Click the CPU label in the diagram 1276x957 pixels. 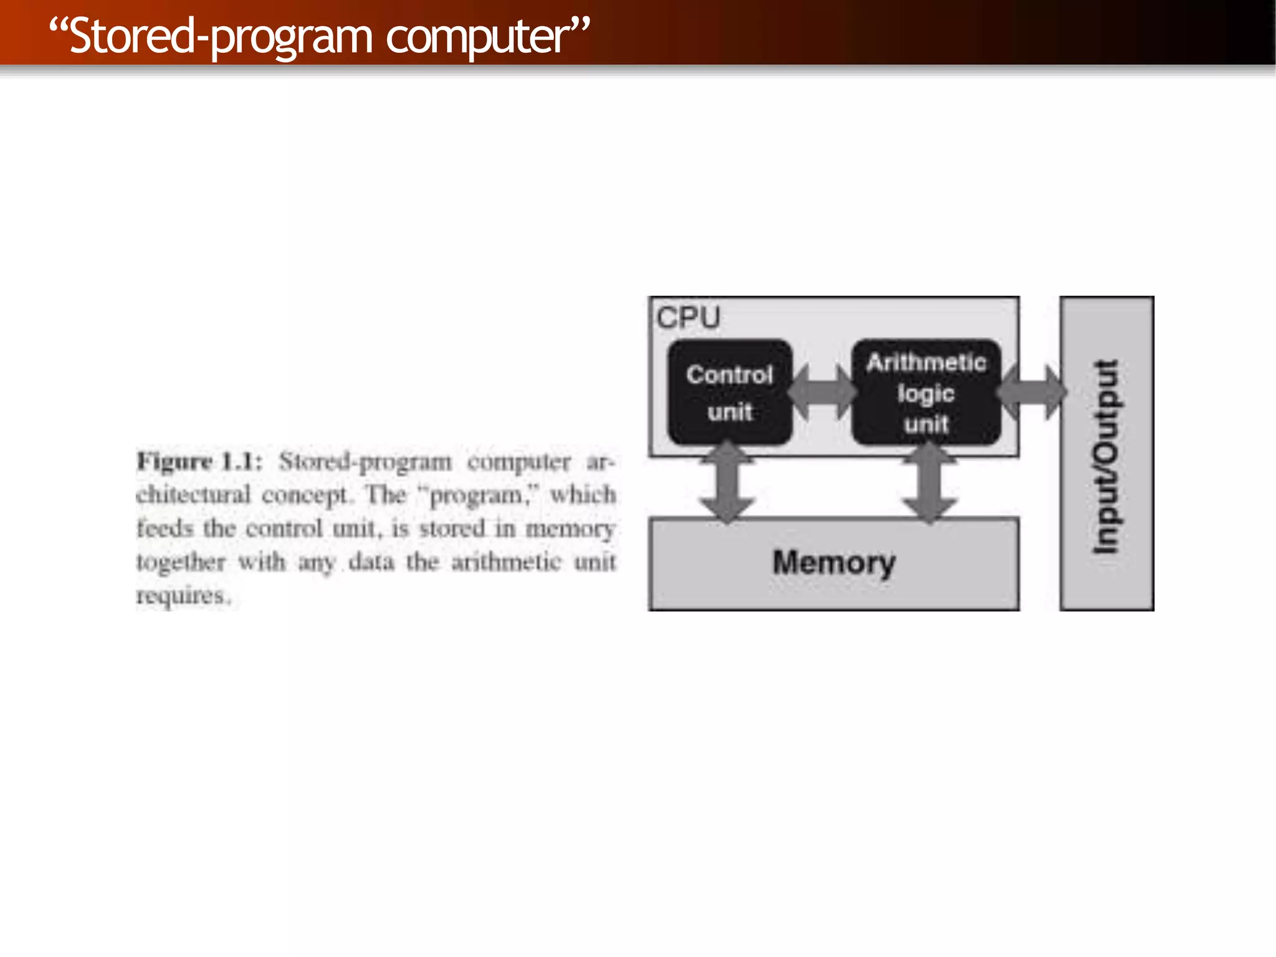click(688, 318)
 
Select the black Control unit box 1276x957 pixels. click(730, 392)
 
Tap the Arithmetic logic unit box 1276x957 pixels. click(926, 392)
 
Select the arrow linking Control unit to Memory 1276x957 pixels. click(727, 481)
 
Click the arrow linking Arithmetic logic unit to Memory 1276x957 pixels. click(930, 481)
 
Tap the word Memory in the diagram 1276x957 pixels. click(834, 563)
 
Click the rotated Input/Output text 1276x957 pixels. click(1107, 456)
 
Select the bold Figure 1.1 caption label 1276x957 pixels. click(199, 462)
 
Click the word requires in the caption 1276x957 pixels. click(182, 596)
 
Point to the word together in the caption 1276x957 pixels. click(181, 562)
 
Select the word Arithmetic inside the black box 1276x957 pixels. click(926, 362)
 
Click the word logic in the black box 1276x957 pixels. click(926, 394)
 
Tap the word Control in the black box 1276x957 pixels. click(730, 375)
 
